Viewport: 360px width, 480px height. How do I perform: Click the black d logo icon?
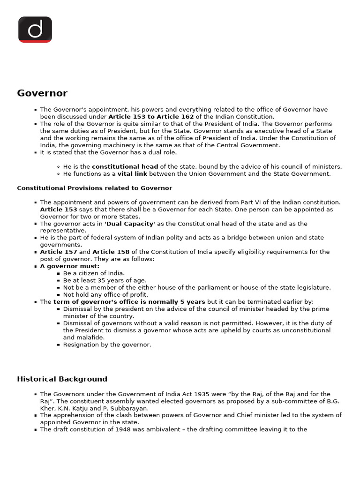pyautogui.click(x=35, y=30)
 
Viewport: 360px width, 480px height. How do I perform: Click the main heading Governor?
pyautogui.click(x=42, y=93)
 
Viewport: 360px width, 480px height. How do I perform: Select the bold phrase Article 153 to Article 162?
pyautogui.click(x=151, y=117)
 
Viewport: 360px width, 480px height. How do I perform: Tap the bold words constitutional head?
pyautogui.click(x=125, y=167)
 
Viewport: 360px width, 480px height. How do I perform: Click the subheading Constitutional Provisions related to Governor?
pyautogui.click(x=94, y=188)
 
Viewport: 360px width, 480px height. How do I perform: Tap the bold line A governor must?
pyautogui.click(x=70, y=266)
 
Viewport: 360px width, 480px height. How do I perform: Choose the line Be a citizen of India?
pyautogui.click(x=94, y=273)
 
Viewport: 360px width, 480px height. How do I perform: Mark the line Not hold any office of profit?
pyautogui.click(x=105, y=295)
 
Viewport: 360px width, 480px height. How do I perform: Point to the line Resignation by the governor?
pyautogui.click(x=107, y=345)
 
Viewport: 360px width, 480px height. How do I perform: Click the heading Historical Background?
pyautogui.click(x=62, y=379)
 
